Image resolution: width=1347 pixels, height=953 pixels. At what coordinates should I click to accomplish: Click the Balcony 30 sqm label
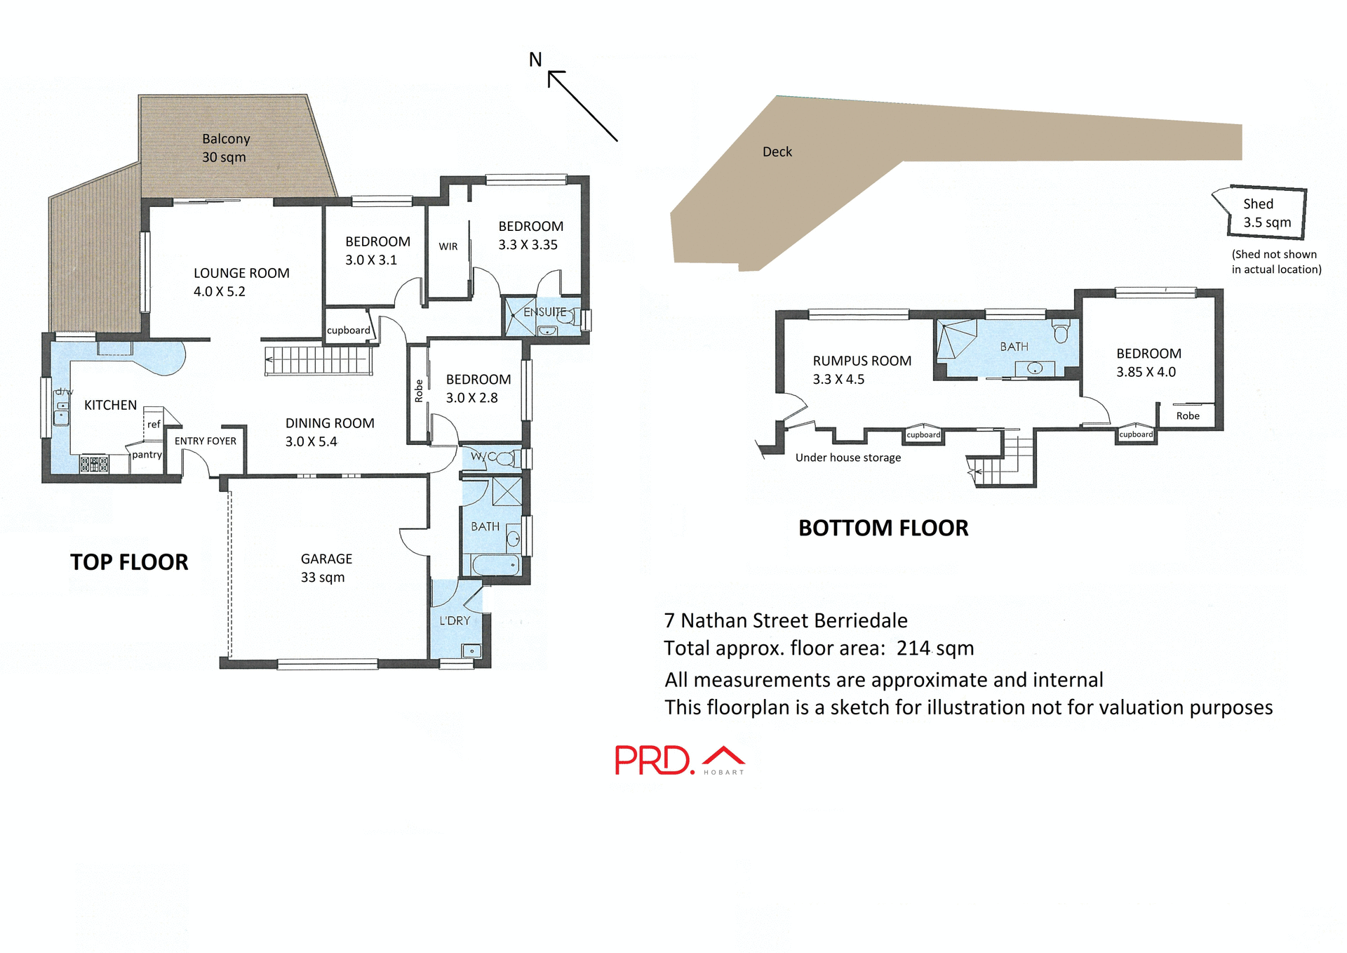pyautogui.click(x=225, y=148)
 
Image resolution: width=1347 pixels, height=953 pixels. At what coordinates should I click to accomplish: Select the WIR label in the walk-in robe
pyautogui.click(x=448, y=246)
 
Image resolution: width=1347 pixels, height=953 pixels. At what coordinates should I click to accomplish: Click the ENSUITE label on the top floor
pyautogui.click(x=544, y=312)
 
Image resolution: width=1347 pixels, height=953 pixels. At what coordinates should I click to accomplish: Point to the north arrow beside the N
pyautogui.click(x=582, y=106)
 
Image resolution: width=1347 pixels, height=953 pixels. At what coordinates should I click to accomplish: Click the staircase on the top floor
pyautogui.click(x=317, y=361)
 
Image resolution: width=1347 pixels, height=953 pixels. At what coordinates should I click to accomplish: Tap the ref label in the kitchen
pyautogui.click(x=154, y=425)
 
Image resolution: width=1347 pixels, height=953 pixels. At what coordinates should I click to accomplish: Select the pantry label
pyautogui.click(x=147, y=455)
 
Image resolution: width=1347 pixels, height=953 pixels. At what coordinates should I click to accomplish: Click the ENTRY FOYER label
pyautogui.click(x=206, y=441)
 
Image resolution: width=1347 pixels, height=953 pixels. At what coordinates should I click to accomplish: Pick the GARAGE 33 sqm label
pyautogui.click(x=326, y=568)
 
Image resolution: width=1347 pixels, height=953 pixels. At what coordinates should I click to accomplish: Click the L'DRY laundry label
pyautogui.click(x=455, y=620)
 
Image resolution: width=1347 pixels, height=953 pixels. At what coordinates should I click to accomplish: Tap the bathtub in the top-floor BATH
pyautogui.click(x=495, y=564)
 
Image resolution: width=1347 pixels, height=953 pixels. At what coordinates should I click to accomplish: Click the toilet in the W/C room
pyautogui.click(x=507, y=459)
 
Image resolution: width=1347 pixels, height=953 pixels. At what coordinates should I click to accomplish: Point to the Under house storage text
pyautogui.click(x=847, y=458)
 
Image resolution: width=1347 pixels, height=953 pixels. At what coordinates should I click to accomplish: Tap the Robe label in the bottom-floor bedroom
pyautogui.click(x=1188, y=415)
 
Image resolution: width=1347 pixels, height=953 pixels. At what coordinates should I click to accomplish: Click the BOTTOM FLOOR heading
pyautogui.click(x=883, y=528)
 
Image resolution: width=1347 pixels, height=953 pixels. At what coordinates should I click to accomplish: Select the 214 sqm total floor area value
pyautogui.click(x=935, y=648)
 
